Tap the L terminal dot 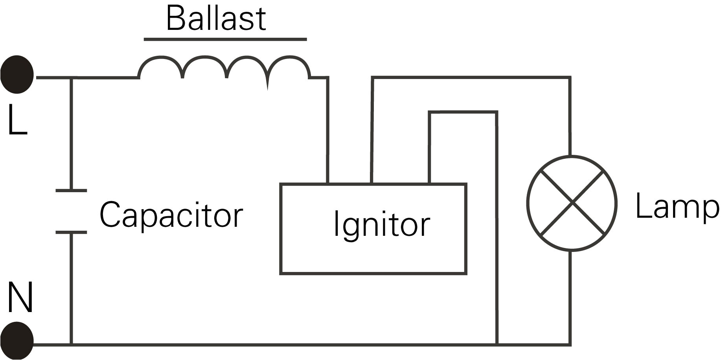(17, 75)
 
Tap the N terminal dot (17, 340)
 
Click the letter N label (20, 297)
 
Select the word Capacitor (171, 215)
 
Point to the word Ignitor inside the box (381, 224)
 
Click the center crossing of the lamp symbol (572, 203)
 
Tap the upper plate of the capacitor (71, 191)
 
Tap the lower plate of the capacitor (71, 232)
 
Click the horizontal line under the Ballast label (225, 39)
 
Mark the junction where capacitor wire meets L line (71, 78)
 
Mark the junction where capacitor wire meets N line (71, 345)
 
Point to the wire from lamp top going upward (570, 118)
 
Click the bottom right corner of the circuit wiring (570, 345)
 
